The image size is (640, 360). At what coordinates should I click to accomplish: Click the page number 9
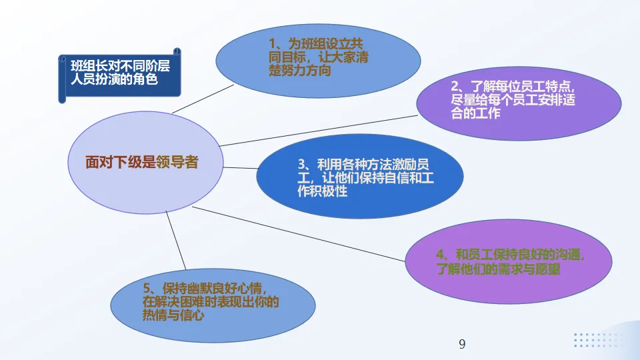point(462,344)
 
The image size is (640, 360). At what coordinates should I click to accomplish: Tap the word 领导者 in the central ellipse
point(177,162)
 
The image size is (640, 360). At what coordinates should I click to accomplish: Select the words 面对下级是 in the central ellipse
point(120,162)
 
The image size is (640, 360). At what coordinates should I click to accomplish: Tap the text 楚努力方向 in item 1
point(299,71)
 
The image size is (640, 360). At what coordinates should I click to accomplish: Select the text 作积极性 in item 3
point(322,192)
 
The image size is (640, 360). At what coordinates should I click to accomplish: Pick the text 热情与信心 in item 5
point(173,316)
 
